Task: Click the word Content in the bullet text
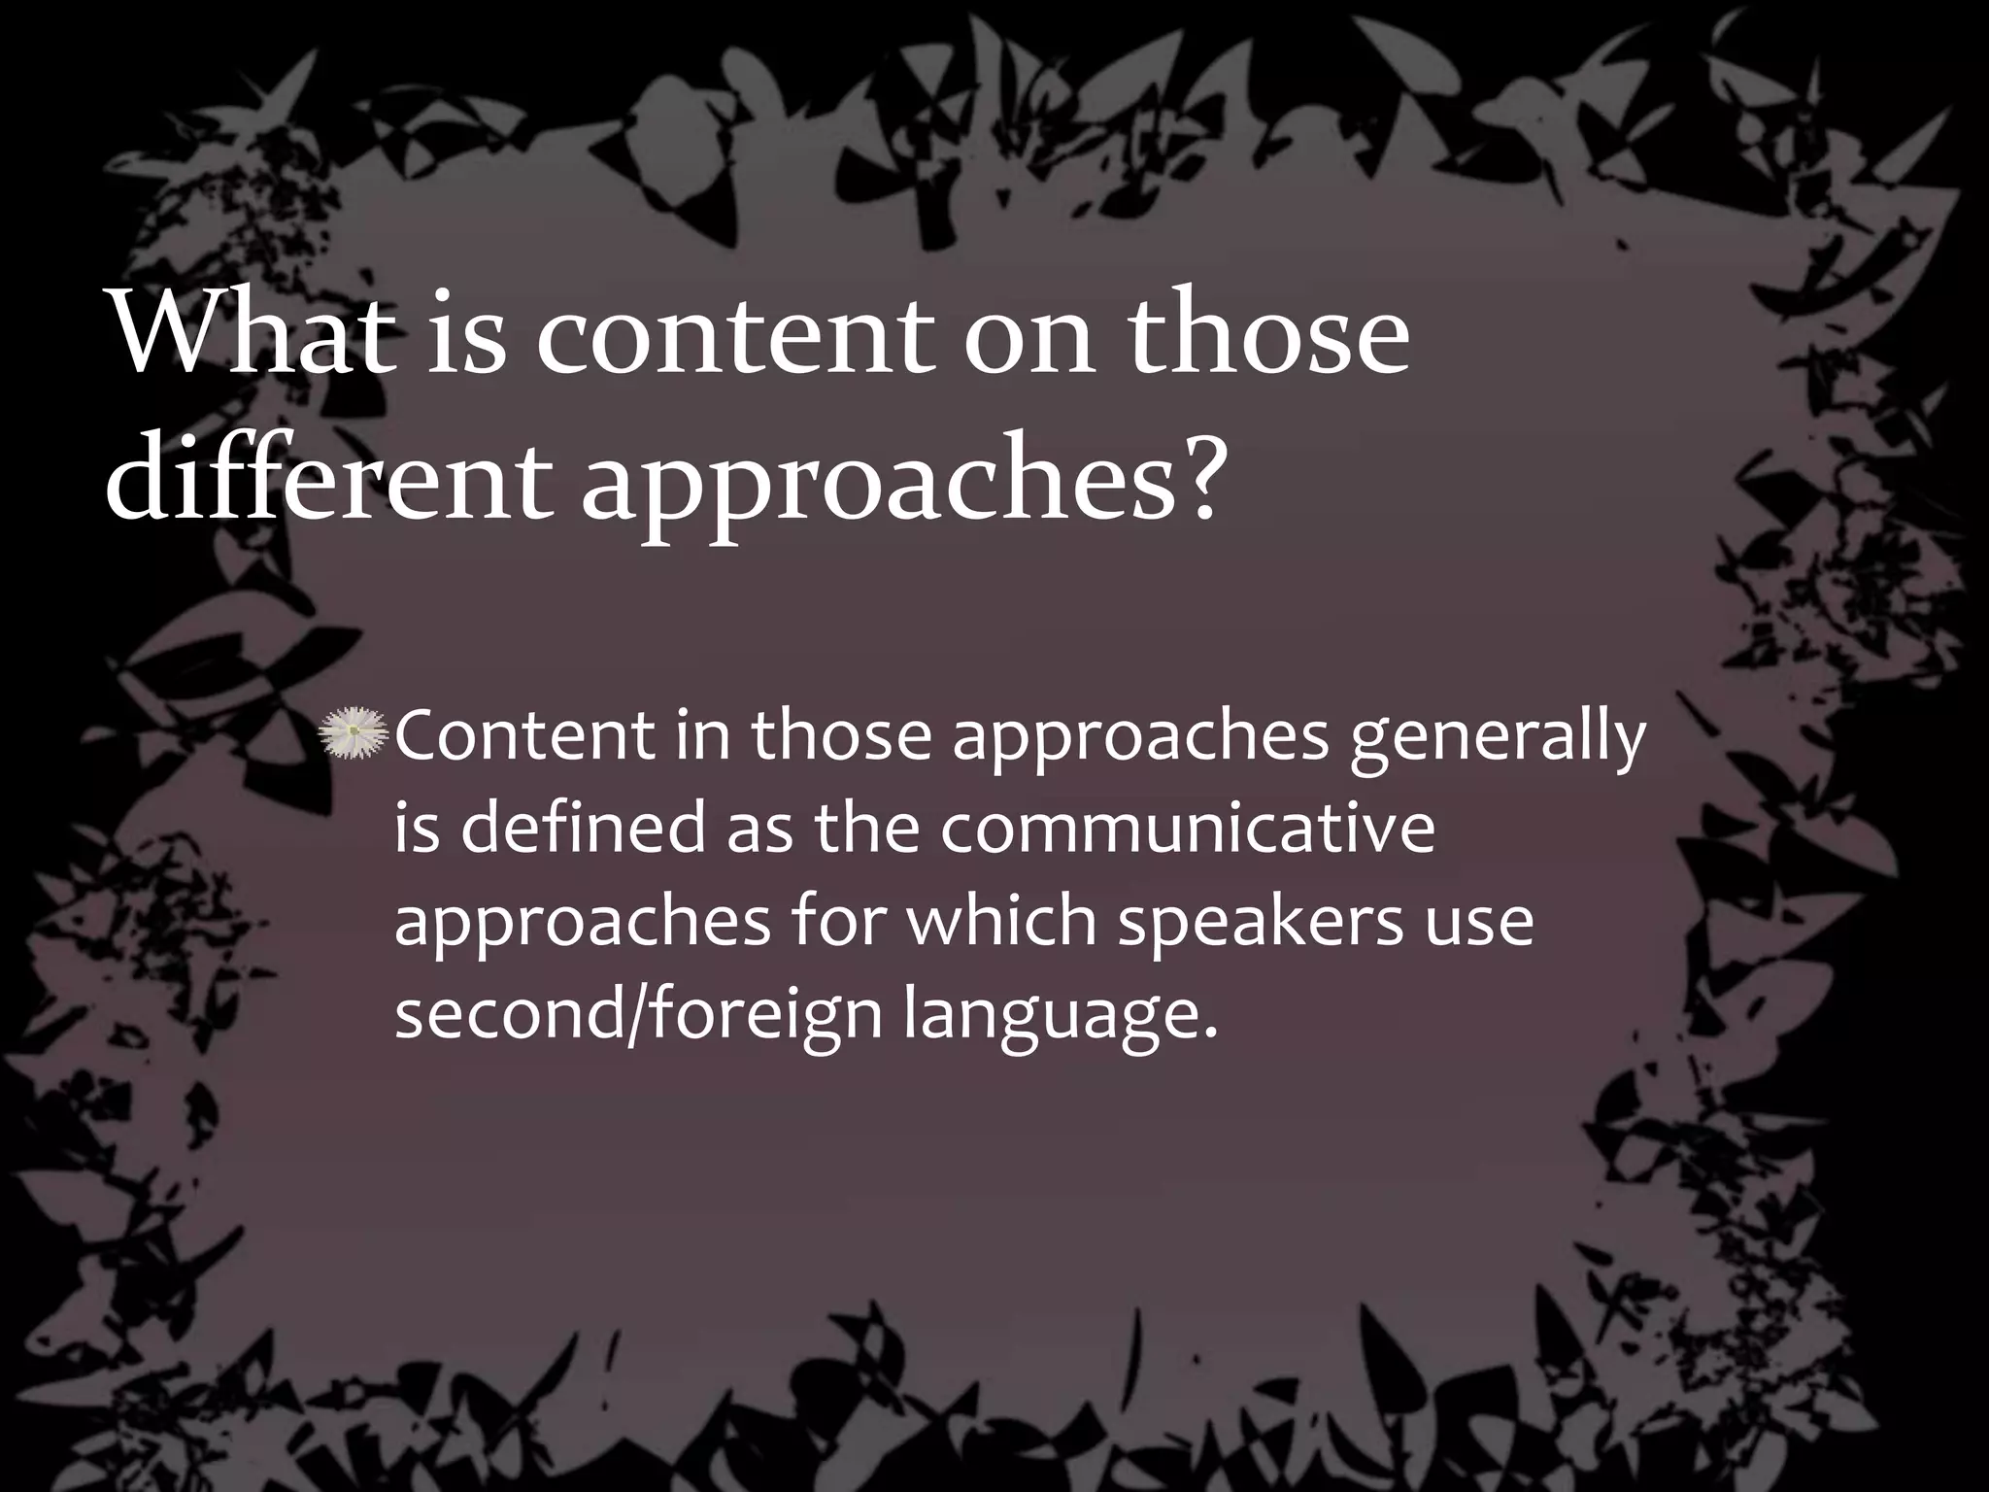(524, 735)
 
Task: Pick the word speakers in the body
(1259, 923)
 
